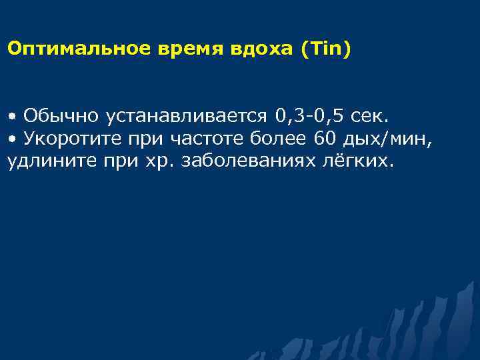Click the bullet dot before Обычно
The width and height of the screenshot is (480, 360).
12,117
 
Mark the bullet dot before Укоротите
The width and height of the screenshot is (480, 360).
12,139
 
